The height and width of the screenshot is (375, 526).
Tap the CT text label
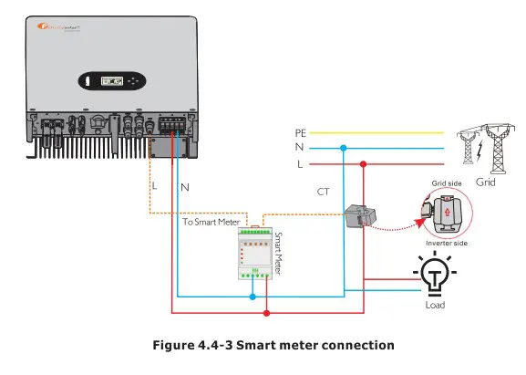click(323, 193)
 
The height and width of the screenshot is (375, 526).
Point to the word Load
click(435, 305)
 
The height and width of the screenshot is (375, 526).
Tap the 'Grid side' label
click(445, 184)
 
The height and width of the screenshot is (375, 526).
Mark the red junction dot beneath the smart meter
click(265, 313)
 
